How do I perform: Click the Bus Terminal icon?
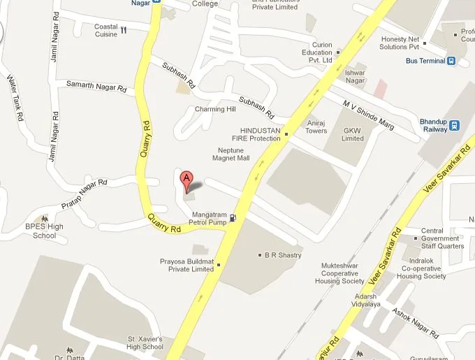[453, 61]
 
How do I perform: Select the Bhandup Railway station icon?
[455, 126]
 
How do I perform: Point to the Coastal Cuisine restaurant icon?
[124, 30]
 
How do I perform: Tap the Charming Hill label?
[214, 110]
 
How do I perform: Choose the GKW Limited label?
[353, 134]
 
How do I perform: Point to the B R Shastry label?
[283, 255]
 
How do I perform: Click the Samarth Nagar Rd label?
[96, 87]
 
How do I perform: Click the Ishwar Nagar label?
[356, 76]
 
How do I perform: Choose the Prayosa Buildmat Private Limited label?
[187, 265]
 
